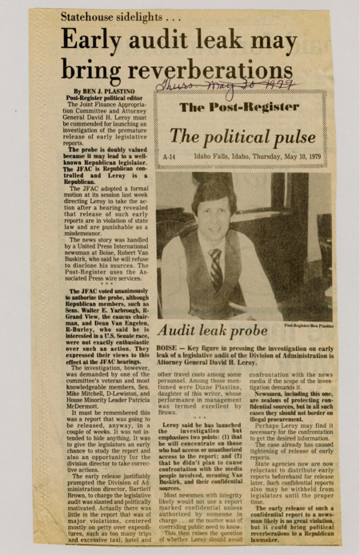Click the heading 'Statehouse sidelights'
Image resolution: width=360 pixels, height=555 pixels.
[116, 15]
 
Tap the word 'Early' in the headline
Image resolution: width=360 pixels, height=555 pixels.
[94, 41]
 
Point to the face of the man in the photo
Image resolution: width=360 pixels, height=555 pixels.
[213, 212]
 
